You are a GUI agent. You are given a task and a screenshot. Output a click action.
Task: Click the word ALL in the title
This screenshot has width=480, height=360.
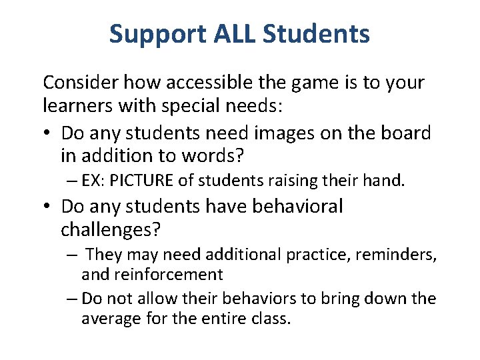pyautogui.click(x=236, y=34)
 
